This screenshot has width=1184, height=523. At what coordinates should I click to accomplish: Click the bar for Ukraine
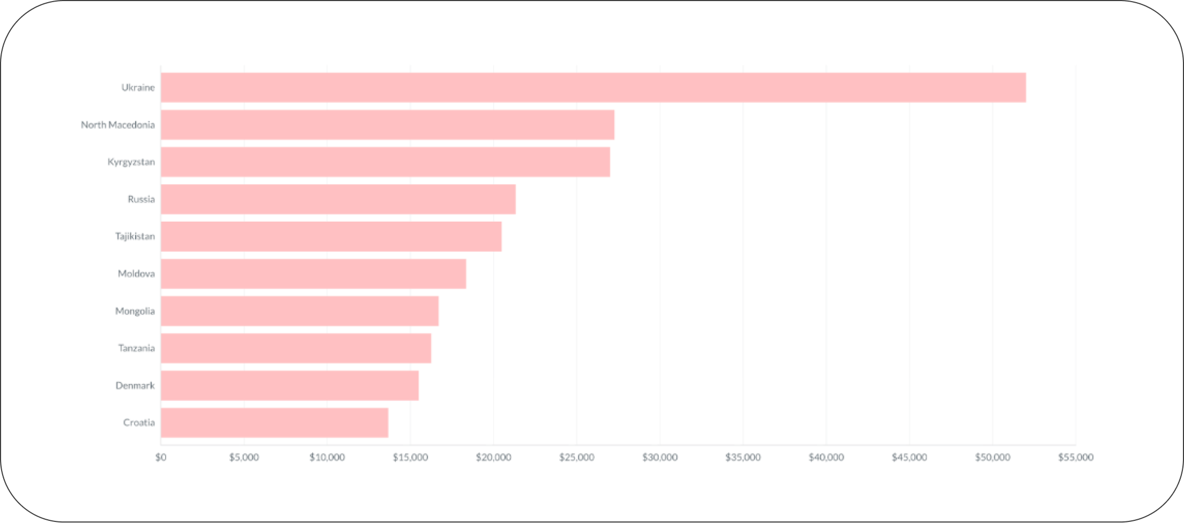tap(593, 88)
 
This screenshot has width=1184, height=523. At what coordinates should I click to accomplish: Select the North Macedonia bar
tap(387, 125)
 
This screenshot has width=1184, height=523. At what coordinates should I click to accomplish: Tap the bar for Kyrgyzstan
tap(385, 162)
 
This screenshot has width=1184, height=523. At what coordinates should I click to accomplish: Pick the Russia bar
tap(338, 199)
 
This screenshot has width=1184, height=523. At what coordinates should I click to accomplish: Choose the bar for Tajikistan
tap(331, 237)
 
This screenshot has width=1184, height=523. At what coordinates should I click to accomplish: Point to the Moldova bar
tap(313, 274)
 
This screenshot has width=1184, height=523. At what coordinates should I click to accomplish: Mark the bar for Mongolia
tap(300, 311)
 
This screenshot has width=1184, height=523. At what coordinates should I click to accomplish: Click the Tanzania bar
tap(296, 348)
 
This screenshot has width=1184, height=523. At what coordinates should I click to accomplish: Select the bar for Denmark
tap(290, 386)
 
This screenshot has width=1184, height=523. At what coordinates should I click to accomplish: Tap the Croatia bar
tap(275, 423)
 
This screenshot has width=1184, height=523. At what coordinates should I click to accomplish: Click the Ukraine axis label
tap(138, 88)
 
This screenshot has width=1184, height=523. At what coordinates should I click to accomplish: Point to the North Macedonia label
tap(118, 125)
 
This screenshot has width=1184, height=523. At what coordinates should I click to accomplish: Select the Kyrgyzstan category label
tap(131, 162)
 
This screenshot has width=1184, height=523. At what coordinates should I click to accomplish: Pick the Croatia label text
tap(139, 423)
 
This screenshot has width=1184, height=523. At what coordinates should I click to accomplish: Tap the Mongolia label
tap(135, 311)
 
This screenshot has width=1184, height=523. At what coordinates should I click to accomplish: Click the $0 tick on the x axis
tap(161, 457)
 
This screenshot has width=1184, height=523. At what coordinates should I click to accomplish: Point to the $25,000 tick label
tap(577, 457)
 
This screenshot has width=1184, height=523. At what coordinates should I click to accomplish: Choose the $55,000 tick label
tap(1076, 457)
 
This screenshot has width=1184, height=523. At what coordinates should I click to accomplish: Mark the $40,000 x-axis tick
tap(826, 457)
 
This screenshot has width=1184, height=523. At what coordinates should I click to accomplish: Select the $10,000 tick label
tap(327, 457)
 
